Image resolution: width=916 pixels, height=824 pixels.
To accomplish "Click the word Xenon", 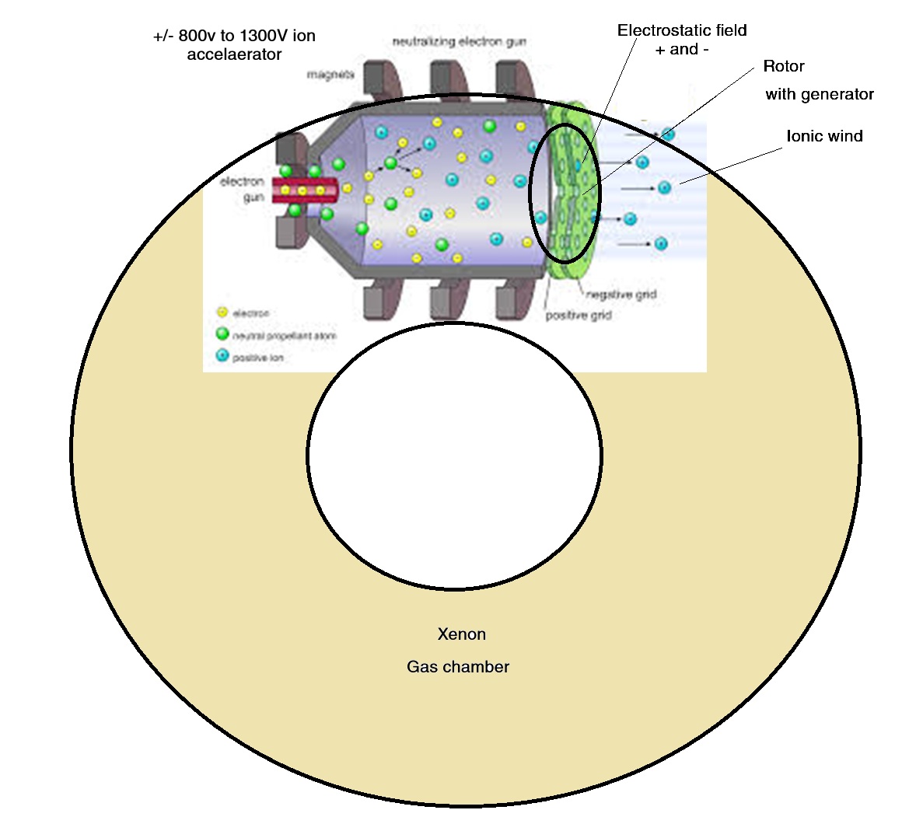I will [461, 634].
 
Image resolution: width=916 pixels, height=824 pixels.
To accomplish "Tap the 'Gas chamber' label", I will [458, 667].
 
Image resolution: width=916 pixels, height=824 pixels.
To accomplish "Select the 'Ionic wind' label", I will [824, 137].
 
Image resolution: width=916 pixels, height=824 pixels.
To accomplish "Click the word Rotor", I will [783, 67].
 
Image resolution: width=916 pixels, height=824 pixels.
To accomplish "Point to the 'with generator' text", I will [820, 95].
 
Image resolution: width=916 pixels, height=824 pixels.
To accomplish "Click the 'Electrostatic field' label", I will [682, 31].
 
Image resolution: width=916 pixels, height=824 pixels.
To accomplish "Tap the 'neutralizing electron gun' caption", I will [460, 42].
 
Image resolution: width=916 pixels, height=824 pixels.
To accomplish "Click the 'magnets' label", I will [330, 75].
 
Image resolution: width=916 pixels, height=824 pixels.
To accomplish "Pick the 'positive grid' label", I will [578, 316].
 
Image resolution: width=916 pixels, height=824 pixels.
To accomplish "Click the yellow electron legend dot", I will [222, 312].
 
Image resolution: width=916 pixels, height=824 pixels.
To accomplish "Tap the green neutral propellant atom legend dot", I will [222, 335].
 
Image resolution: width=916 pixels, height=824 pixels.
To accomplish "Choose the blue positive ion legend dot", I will [222, 357].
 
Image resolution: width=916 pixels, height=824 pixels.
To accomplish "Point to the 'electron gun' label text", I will [243, 190].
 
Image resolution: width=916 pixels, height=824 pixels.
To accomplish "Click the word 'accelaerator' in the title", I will [234, 55].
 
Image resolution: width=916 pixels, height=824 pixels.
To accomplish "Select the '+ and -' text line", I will [682, 50].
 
